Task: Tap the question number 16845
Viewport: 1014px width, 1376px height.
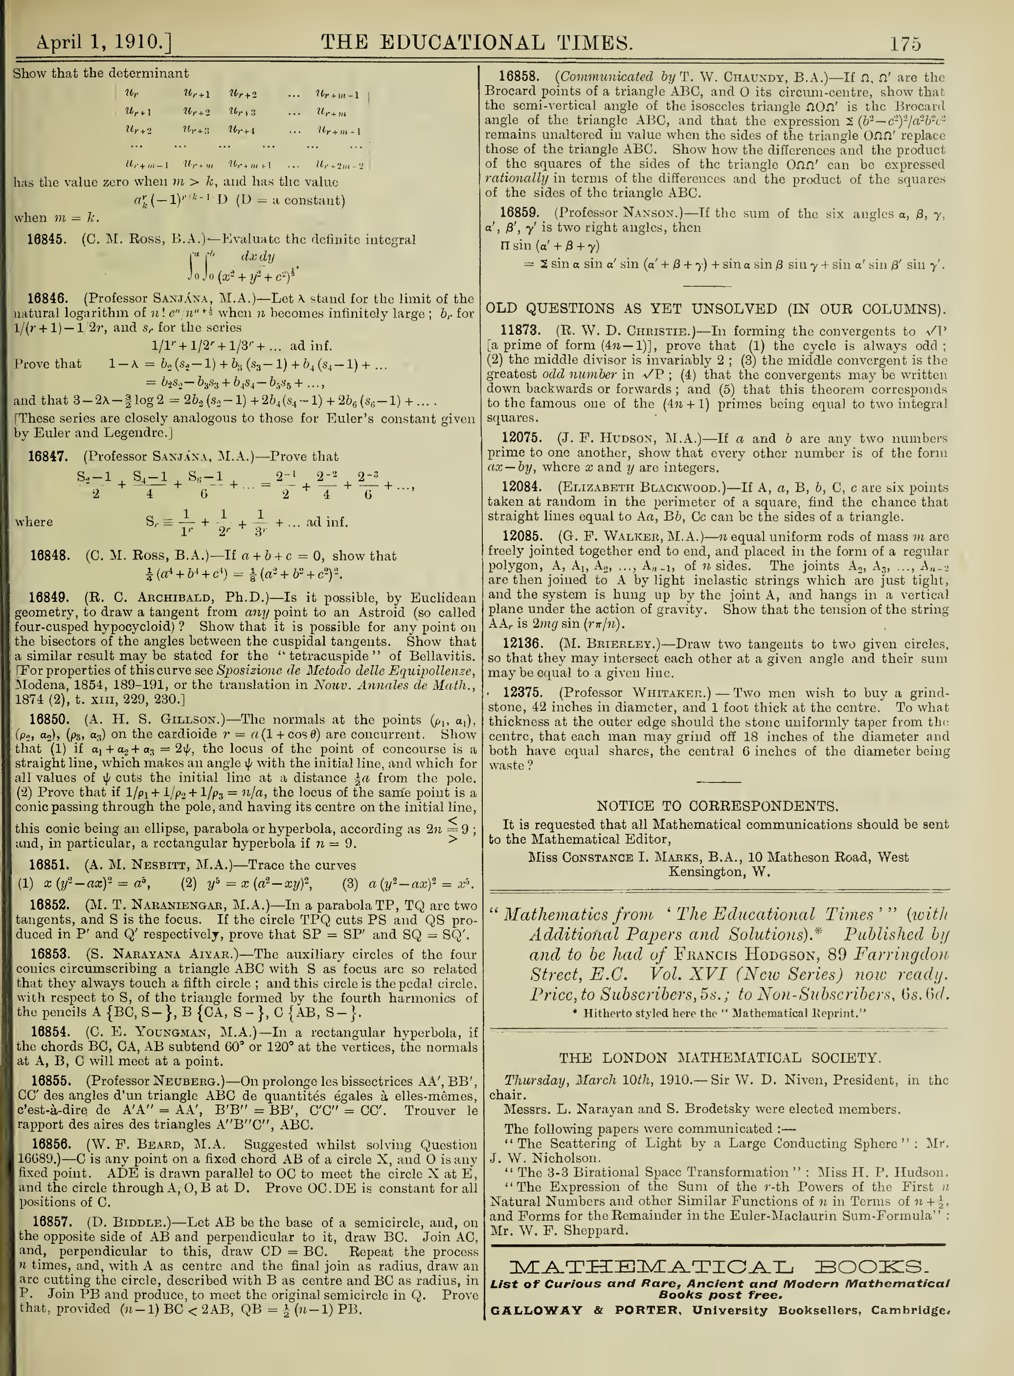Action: coord(47,239)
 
